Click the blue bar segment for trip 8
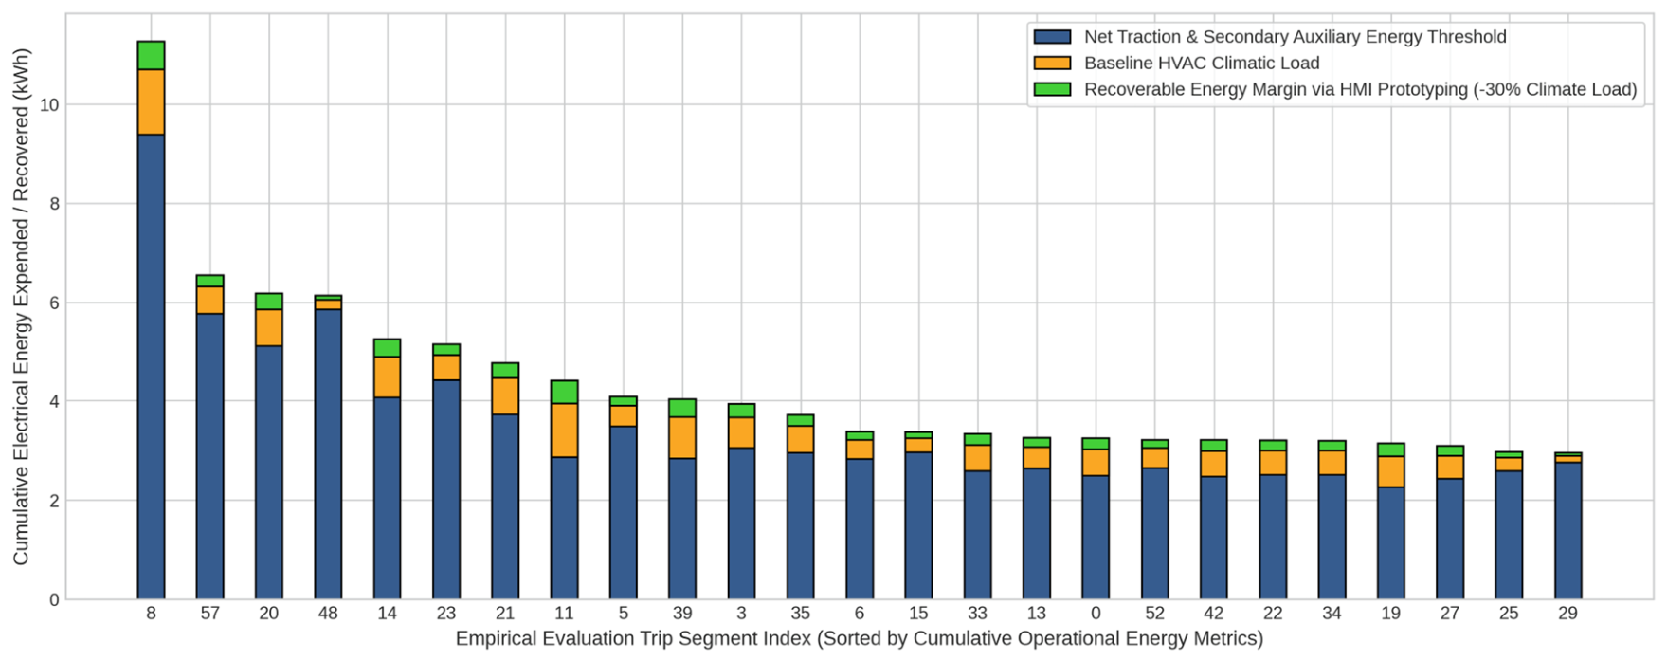click(x=151, y=367)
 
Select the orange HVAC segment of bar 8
click(x=151, y=102)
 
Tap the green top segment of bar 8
click(x=151, y=55)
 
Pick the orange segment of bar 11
click(x=564, y=431)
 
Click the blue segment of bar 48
click(x=328, y=454)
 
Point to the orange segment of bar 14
click(x=387, y=377)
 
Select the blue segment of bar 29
click(x=1567, y=531)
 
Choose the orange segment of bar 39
click(x=682, y=438)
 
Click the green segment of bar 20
click(x=269, y=302)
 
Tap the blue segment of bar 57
click(x=209, y=456)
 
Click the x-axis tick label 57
click(x=209, y=614)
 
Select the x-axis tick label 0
click(x=1096, y=614)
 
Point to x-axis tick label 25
click(x=1509, y=614)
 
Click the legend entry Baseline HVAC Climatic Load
click(x=1202, y=64)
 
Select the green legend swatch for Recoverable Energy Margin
click(x=1052, y=90)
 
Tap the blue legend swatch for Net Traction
click(x=1052, y=37)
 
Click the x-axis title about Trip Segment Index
click(x=859, y=639)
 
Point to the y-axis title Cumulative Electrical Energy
click(x=21, y=306)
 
